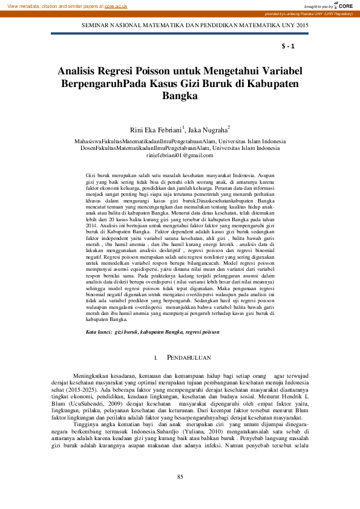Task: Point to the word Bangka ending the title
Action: tap(180, 96)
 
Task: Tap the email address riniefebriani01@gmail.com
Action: tap(180, 155)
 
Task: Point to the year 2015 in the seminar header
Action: tap(301, 26)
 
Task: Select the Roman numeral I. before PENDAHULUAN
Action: tap(157, 358)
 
